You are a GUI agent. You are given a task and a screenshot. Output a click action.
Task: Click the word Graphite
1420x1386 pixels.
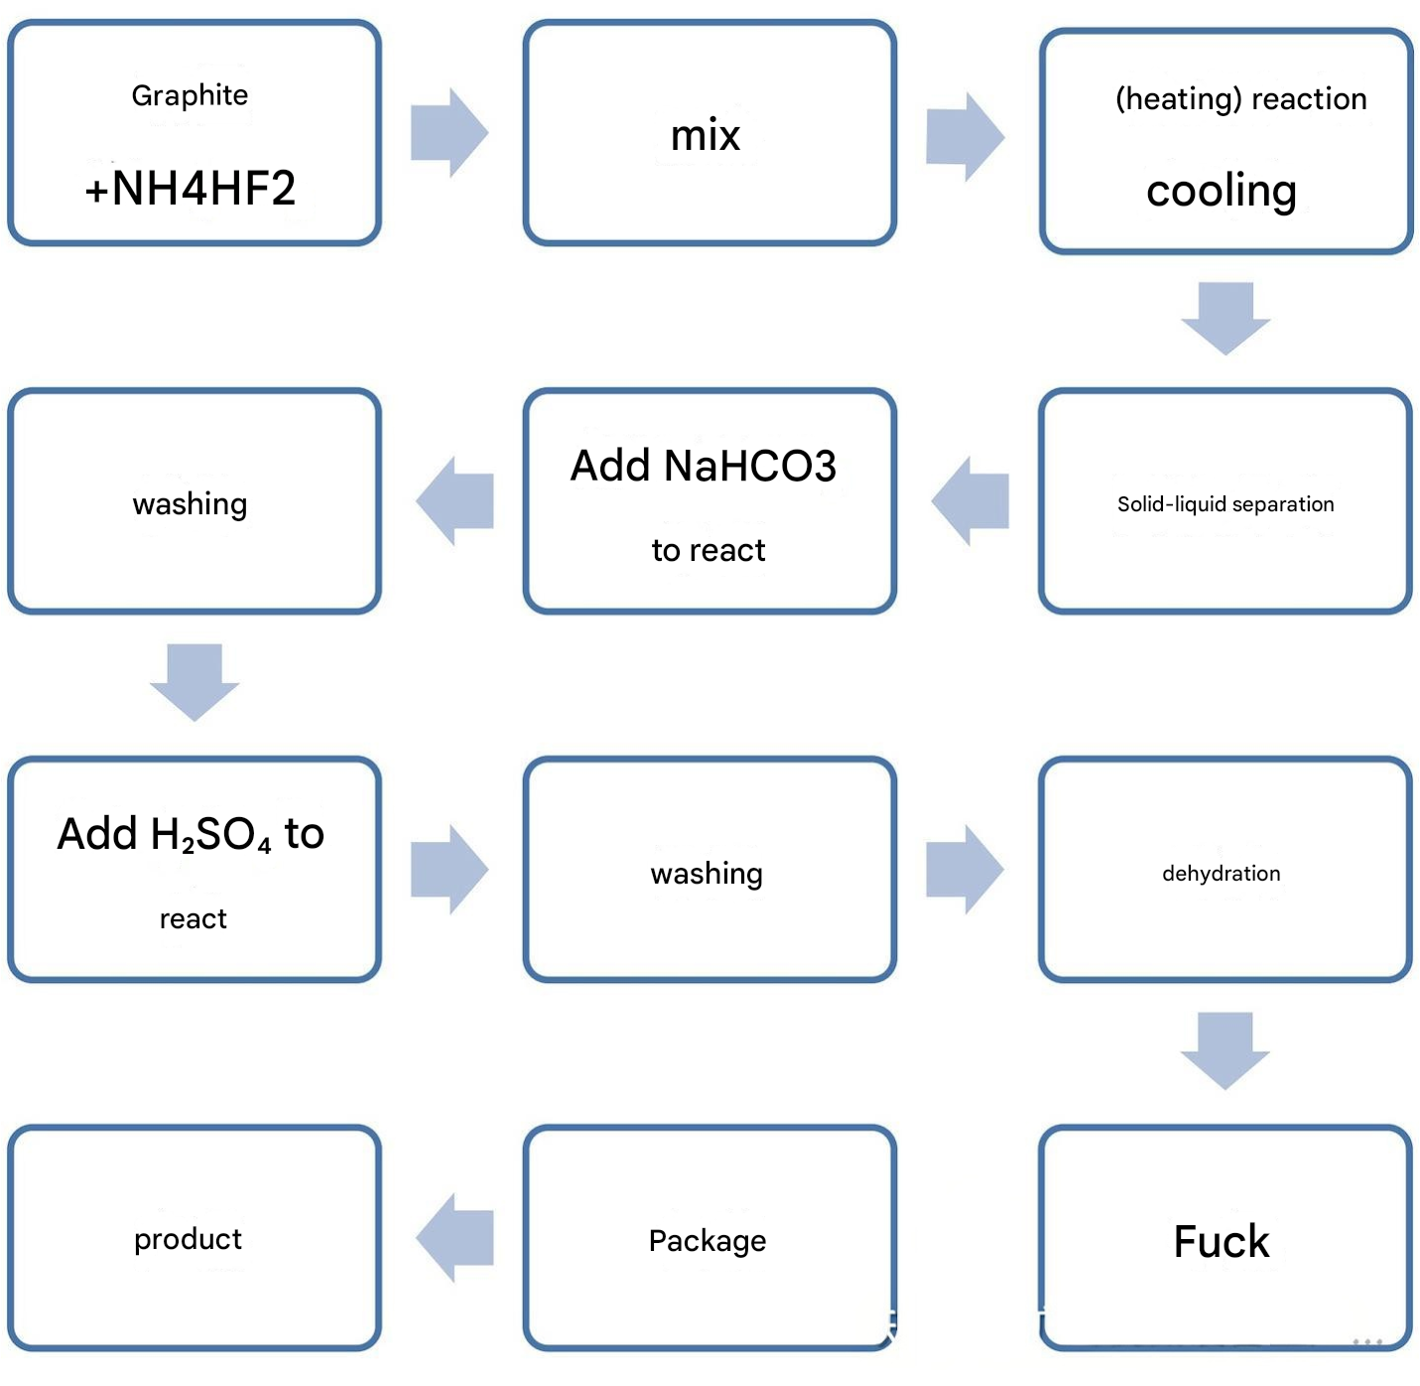click(190, 95)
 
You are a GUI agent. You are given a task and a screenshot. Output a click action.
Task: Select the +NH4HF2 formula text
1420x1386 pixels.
click(191, 188)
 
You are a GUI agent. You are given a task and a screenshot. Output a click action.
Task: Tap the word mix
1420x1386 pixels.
click(705, 135)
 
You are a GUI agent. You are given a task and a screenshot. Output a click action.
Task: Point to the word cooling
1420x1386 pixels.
click(1221, 192)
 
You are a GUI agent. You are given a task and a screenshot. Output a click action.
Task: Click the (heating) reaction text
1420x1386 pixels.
click(1240, 98)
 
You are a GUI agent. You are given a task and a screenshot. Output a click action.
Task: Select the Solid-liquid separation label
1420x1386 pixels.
click(1226, 504)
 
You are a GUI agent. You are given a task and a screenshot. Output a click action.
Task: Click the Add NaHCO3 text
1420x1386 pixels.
click(703, 466)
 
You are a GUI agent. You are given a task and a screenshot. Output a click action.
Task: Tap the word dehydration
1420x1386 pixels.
click(1221, 873)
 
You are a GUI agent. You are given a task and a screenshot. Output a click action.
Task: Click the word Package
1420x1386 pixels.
click(708, 1241)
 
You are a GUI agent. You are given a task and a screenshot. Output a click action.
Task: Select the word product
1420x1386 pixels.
click(188, 1240)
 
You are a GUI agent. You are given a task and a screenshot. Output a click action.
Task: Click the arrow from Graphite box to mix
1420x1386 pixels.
click(450, 133)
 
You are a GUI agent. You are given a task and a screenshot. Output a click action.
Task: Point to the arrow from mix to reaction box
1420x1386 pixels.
click(965, 137)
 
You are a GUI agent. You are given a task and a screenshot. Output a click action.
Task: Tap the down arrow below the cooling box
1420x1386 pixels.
click(1226, 319)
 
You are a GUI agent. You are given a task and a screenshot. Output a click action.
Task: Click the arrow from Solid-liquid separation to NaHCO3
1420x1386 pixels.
click(969, 501)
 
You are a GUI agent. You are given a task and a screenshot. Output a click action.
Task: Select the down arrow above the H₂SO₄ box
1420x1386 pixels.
click(194, 682)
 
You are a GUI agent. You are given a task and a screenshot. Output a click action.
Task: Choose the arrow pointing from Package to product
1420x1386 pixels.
click(454, 1238)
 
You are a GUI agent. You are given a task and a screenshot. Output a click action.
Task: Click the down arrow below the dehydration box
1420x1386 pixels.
click(1225, 1050)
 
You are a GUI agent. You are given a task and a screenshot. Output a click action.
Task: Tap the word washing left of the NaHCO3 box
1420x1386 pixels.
click(190, 504)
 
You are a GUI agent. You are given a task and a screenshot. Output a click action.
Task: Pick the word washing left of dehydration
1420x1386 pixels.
click(707, 874)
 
